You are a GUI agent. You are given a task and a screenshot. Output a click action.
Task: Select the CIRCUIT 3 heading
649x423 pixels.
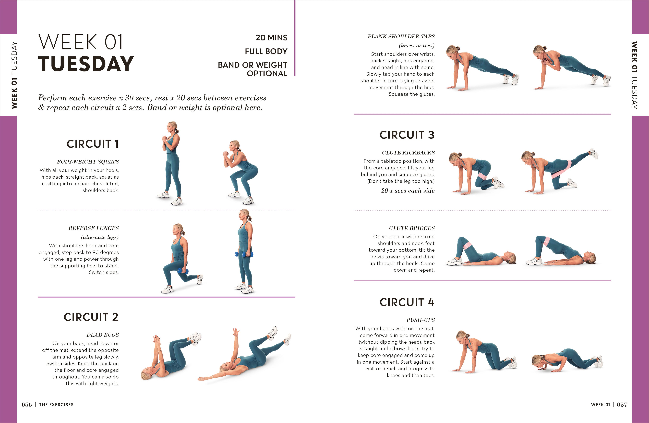(x=407, y=135)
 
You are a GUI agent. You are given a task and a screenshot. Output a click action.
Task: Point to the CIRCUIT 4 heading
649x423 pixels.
(x=407, y=302)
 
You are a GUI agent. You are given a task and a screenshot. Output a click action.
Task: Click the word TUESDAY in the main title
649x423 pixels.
(x=86, y=64)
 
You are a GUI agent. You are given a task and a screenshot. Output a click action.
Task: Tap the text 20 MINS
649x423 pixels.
(x=271, y=38)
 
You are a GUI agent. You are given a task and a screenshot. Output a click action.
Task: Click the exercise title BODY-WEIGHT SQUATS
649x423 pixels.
(x=88, y=162)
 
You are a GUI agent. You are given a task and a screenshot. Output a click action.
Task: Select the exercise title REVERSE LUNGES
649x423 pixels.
(x=93, y=228)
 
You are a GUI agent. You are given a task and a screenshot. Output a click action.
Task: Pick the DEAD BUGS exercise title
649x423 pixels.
(x=103, y=335)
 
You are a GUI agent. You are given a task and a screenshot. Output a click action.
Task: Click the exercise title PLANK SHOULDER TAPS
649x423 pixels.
(x=401, y=36)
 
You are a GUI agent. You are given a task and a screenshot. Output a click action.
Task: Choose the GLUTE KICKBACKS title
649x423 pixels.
(x=408, y=153)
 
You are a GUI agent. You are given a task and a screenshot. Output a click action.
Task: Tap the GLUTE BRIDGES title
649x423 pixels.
(x=412, y=228)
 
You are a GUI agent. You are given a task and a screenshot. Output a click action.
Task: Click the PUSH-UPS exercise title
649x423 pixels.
(x=420, y=320)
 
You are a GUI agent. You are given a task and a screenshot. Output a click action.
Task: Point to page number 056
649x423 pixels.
(x=27, y=404)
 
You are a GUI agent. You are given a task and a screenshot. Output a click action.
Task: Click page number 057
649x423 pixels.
(x=622, y=404)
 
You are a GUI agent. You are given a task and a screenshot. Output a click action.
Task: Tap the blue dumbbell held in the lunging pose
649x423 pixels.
(x=183, y=271)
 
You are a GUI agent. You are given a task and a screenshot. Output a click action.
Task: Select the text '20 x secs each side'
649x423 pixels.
(x=408, y=191)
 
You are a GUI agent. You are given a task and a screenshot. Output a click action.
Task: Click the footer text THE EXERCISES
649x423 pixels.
(x=56, y=404)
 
